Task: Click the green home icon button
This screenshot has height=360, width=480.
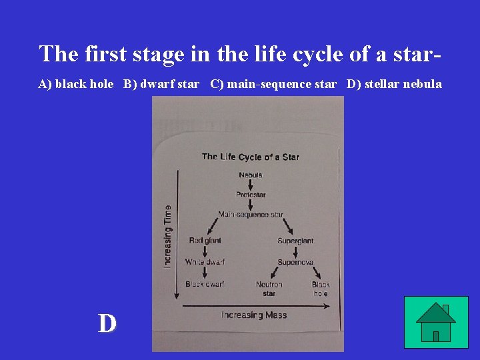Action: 436,322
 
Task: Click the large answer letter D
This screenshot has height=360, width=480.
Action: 107,323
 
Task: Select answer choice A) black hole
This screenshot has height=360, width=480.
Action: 75,84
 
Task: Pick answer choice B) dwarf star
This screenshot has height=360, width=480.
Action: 161,84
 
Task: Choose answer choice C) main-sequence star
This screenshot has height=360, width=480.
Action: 273,84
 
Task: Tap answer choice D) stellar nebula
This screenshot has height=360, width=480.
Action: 394,84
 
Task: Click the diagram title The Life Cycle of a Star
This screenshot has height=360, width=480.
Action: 251,157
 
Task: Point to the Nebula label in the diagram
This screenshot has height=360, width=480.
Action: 251,175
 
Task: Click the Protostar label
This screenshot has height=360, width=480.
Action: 251,195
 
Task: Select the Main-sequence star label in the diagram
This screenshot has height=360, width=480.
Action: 251,215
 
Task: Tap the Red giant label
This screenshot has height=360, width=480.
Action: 205,240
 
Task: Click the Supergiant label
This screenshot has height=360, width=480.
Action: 295,240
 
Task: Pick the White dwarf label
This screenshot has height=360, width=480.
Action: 205,262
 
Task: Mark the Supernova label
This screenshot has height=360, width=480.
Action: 295,262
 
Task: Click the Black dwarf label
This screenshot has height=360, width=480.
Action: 205,284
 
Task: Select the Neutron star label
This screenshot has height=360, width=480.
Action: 269,289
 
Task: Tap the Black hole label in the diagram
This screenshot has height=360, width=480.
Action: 321,289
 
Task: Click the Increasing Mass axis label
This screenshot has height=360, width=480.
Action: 254,315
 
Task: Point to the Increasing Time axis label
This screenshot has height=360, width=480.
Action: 167,236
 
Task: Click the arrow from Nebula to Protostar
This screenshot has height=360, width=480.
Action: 251,185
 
